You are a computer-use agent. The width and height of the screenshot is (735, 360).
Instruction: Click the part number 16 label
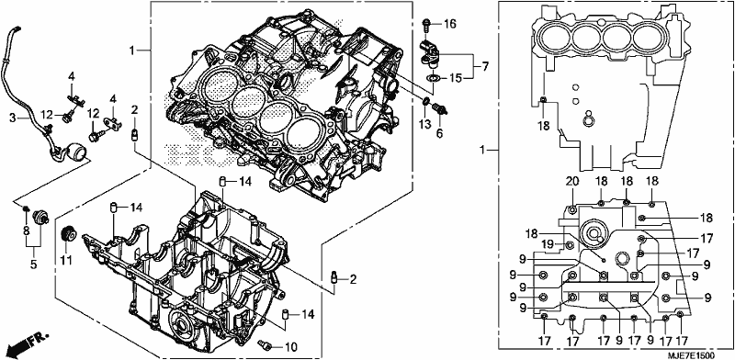click(449, 25)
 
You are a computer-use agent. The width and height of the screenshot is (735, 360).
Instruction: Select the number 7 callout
click(485, 66)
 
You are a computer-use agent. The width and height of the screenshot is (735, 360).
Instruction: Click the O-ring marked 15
click(434, 77)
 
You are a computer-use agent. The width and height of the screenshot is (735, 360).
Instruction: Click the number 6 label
click(440, 134)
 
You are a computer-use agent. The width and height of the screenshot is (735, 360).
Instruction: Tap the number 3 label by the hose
click(13, 118)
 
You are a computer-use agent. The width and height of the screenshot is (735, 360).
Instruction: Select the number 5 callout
click(34, 264)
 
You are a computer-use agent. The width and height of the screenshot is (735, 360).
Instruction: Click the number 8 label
click(27, 230)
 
